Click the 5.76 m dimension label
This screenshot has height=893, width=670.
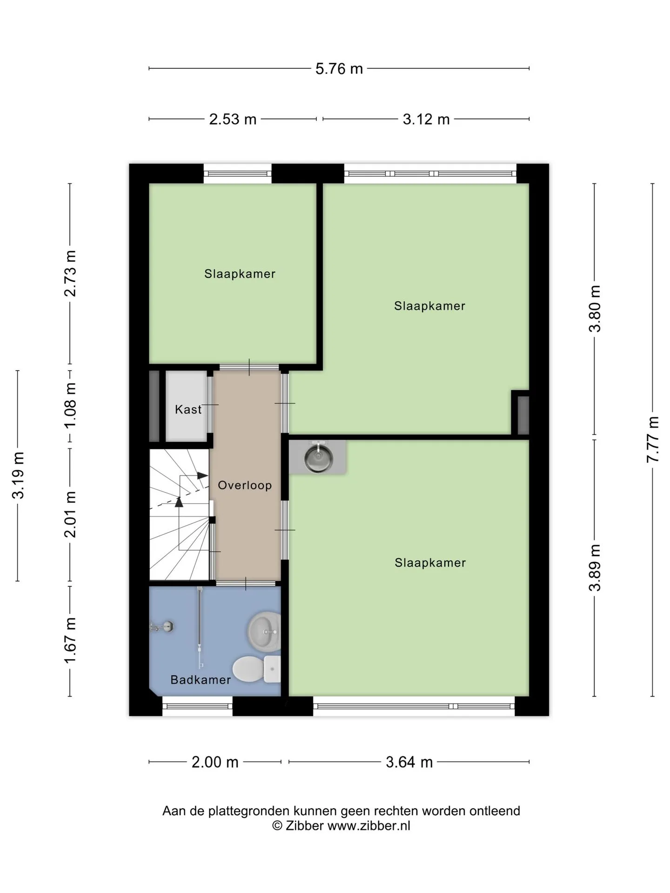point(339,69)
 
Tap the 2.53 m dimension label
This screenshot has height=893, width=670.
point(233,120)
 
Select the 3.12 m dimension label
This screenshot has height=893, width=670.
point(426,120)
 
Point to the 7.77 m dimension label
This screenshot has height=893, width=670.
point(653,440)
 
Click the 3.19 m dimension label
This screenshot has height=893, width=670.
point(18,475)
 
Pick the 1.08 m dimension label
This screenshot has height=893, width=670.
point(70,406)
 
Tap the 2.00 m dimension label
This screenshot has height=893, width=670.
point(215,762)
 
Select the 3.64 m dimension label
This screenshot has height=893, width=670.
point(409,762)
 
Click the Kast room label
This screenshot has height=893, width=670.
point(188,409)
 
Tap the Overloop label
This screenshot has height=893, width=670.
point(245,485)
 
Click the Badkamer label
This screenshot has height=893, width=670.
point(201,680)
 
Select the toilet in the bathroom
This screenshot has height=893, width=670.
point(256,669)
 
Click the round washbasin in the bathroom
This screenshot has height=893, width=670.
point(264,632)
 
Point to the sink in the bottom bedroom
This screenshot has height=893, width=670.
point(318,458)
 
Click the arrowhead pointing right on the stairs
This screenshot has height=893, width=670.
point(202,475)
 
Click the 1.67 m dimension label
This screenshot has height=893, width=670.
point(70,641)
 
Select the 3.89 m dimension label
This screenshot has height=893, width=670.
point(595,567)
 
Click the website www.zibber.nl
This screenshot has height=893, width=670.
point(369,826)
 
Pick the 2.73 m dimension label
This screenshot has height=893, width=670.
point(70,273)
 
